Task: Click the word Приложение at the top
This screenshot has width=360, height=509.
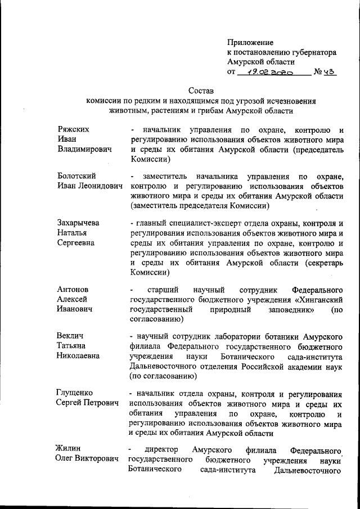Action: tap(250, 42)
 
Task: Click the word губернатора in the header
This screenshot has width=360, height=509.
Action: tap(312, 52)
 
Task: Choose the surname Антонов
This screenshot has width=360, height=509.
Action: tap(73, 289)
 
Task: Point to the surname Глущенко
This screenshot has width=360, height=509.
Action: tap(74, 393)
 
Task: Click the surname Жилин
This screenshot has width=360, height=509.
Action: tap(68, 449)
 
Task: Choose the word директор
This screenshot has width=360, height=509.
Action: tap(161, 449)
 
